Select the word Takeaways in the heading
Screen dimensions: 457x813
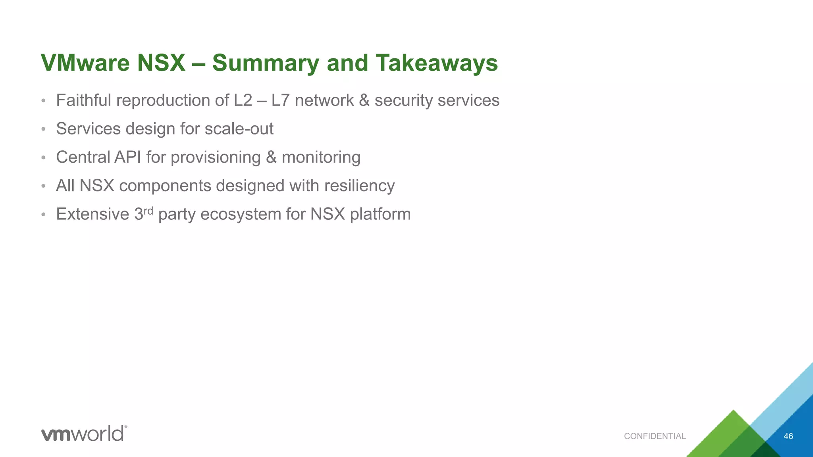(436, 63)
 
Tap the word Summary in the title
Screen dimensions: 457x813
(265, 63)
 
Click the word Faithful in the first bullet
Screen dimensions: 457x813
(83, 100)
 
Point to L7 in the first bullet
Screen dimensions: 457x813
(281, 100)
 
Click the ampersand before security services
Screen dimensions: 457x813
(364, 100)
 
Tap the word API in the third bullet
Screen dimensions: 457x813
(128, 157)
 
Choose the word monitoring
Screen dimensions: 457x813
(321, 157)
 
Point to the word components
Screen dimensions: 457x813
(165, 186)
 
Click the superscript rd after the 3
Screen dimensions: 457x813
(148, 210)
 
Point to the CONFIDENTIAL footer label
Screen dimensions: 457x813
(655, 436)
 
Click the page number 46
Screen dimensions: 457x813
(788, 436)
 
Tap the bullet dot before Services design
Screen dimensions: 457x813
(44, 129)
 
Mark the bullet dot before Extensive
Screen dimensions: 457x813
(44, 215)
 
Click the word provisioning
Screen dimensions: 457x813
(216, 157)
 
